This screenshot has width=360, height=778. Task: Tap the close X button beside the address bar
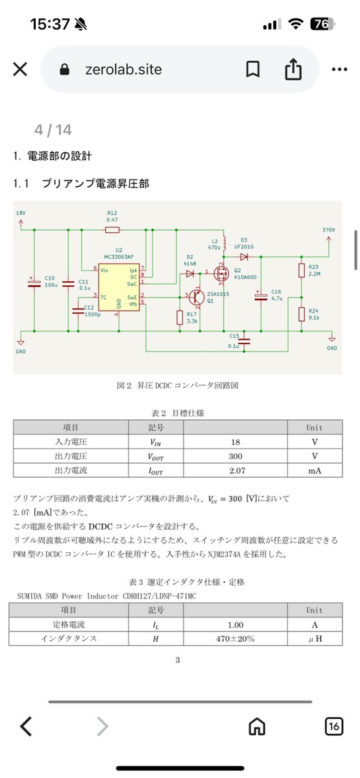20,69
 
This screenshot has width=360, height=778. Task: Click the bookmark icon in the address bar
253,69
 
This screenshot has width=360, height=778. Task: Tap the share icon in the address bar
293,69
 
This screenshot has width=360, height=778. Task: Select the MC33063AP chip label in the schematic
119,255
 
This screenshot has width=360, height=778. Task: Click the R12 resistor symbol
112,230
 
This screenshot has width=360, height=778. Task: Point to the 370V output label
329,230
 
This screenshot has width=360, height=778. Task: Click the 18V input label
21,213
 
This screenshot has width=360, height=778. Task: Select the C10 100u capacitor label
50,281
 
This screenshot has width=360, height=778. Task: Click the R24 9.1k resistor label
314,314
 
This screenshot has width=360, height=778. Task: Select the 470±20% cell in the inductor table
241,638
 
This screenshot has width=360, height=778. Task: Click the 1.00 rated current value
241,624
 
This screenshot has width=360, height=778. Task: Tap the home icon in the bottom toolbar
257,727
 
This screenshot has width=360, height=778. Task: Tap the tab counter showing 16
334,727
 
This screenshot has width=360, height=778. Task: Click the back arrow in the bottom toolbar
26,727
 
